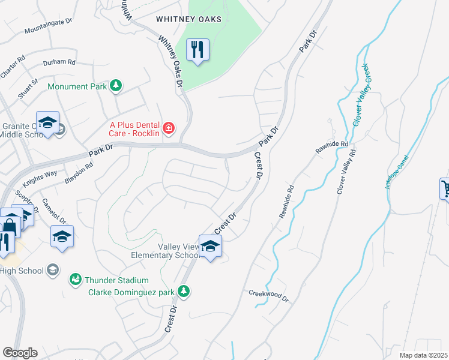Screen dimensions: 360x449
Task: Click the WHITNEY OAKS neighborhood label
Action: pyautogui.click(x=188, y=19)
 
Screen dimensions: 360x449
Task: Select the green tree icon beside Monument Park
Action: pyautogui.click(x=116, y=86)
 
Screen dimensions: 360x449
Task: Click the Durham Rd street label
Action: pyautogui.click(x=59, y=62)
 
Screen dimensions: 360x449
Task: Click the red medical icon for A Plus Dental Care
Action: pyautogui.click(x=169, y=127)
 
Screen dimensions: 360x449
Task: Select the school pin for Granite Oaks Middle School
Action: pyautogui.click(x=47, y=124)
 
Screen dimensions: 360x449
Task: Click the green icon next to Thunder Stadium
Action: pyautogui.click(x=75, y=280)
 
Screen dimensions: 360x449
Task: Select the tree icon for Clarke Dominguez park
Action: pyautogui.click(x=184, y=292)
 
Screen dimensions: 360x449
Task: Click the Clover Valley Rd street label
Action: pyautogui.click(x=346, y=171)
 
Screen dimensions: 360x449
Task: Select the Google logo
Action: pyautogui.click(x=20, y=353)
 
